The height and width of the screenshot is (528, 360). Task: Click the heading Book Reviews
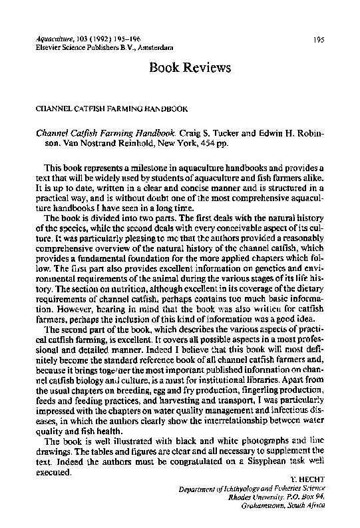[x=190, y=68]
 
